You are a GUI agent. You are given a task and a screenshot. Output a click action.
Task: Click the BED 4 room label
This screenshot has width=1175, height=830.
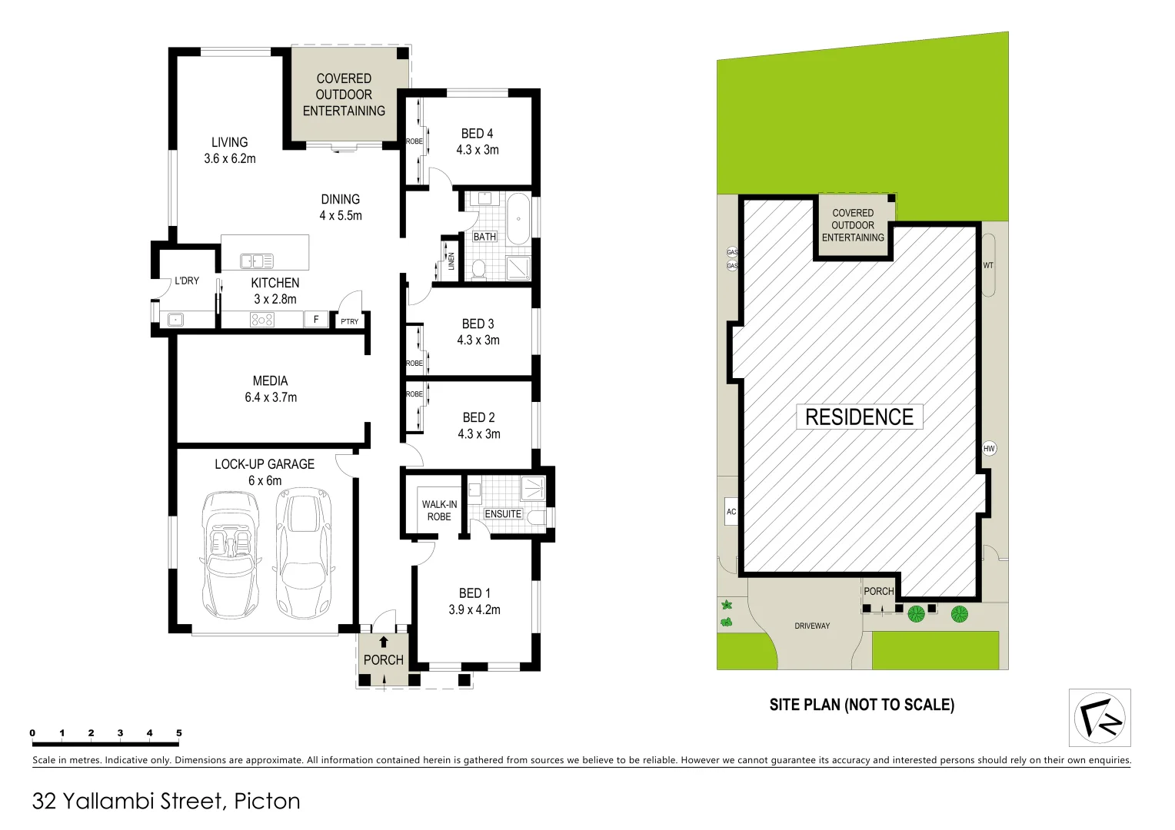477,134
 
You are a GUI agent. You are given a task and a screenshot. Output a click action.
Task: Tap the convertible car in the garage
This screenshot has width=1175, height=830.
230,555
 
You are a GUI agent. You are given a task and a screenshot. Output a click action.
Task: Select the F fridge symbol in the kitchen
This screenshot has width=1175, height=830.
316,320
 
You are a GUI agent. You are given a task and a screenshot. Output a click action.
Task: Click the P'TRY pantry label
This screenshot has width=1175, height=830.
349,321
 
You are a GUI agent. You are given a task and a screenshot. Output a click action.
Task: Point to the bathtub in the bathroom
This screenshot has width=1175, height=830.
518,219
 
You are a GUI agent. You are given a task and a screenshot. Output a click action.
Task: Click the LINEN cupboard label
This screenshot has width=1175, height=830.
451,261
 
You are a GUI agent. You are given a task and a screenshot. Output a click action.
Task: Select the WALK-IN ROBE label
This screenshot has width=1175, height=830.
439,510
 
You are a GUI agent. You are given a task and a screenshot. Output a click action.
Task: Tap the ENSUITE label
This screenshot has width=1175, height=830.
503,513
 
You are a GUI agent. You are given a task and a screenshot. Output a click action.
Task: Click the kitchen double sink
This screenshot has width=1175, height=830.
257,261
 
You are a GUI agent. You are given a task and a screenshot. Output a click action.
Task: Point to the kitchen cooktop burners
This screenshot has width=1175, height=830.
262,320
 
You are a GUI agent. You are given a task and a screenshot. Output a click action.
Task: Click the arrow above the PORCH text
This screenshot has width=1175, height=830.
384,642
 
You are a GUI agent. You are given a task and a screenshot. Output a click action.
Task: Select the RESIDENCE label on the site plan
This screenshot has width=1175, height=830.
859,417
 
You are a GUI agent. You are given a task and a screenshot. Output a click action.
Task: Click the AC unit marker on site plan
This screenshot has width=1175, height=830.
731,512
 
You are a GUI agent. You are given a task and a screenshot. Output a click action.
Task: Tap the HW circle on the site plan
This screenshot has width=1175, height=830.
989,448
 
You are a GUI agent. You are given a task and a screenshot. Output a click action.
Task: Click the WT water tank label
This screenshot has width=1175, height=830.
988,266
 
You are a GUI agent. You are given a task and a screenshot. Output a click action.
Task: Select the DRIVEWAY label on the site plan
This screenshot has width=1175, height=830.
812,626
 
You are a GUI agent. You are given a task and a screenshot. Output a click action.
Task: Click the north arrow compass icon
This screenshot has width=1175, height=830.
1100,718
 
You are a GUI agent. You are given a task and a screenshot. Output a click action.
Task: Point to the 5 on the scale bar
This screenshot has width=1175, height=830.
179,733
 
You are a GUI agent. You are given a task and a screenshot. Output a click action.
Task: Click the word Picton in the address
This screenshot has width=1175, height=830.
267,801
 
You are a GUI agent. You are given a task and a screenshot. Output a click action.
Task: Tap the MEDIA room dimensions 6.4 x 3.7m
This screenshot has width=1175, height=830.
271,397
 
